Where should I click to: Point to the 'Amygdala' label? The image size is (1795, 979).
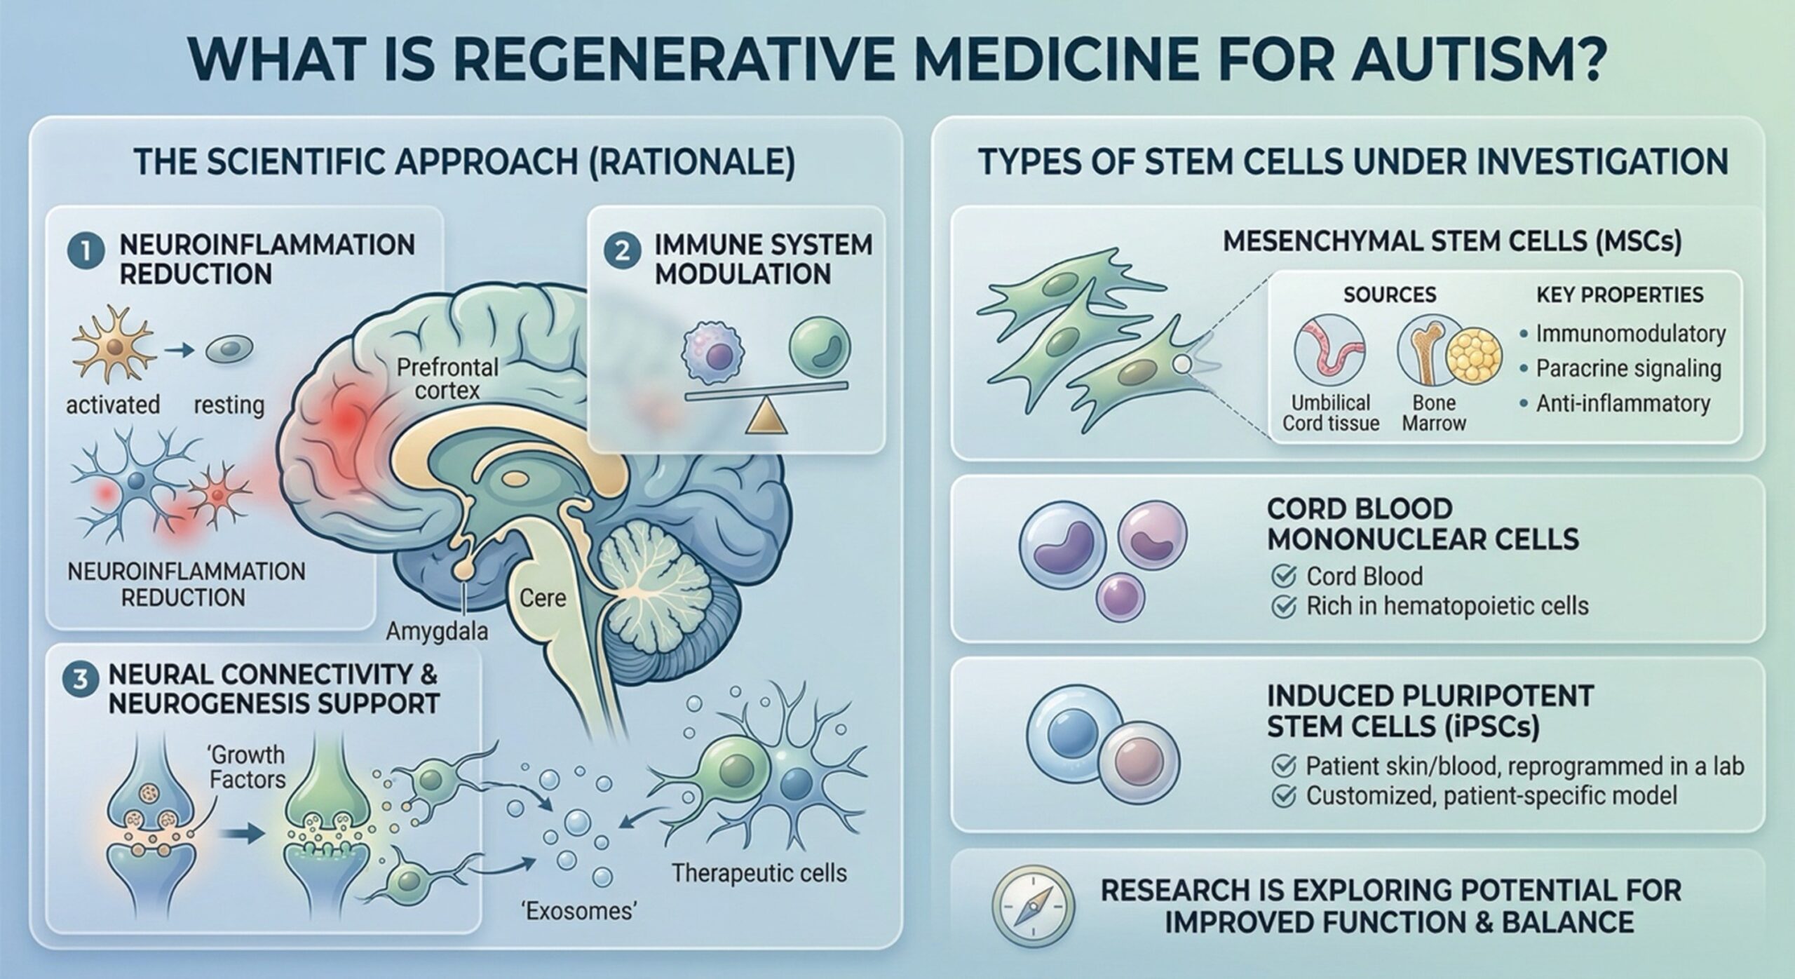[437, 632]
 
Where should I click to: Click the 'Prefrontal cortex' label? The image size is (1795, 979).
[447, 378]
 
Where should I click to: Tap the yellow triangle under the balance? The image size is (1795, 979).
[764, 417]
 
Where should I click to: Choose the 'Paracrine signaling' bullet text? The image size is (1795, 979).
[1628, 369]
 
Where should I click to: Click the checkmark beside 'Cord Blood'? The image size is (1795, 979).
[1283, 576]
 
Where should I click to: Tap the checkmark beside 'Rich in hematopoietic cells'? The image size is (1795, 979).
[1283, 607]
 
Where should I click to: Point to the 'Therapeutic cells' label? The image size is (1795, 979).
[759, 873]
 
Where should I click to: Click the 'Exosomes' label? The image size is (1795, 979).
[580, 911]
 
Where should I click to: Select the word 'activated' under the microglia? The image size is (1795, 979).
[113, 405]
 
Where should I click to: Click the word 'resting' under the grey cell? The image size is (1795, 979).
[229, 405]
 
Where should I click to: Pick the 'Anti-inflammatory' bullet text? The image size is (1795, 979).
[1623, 404]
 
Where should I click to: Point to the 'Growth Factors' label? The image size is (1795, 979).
[247, 767]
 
